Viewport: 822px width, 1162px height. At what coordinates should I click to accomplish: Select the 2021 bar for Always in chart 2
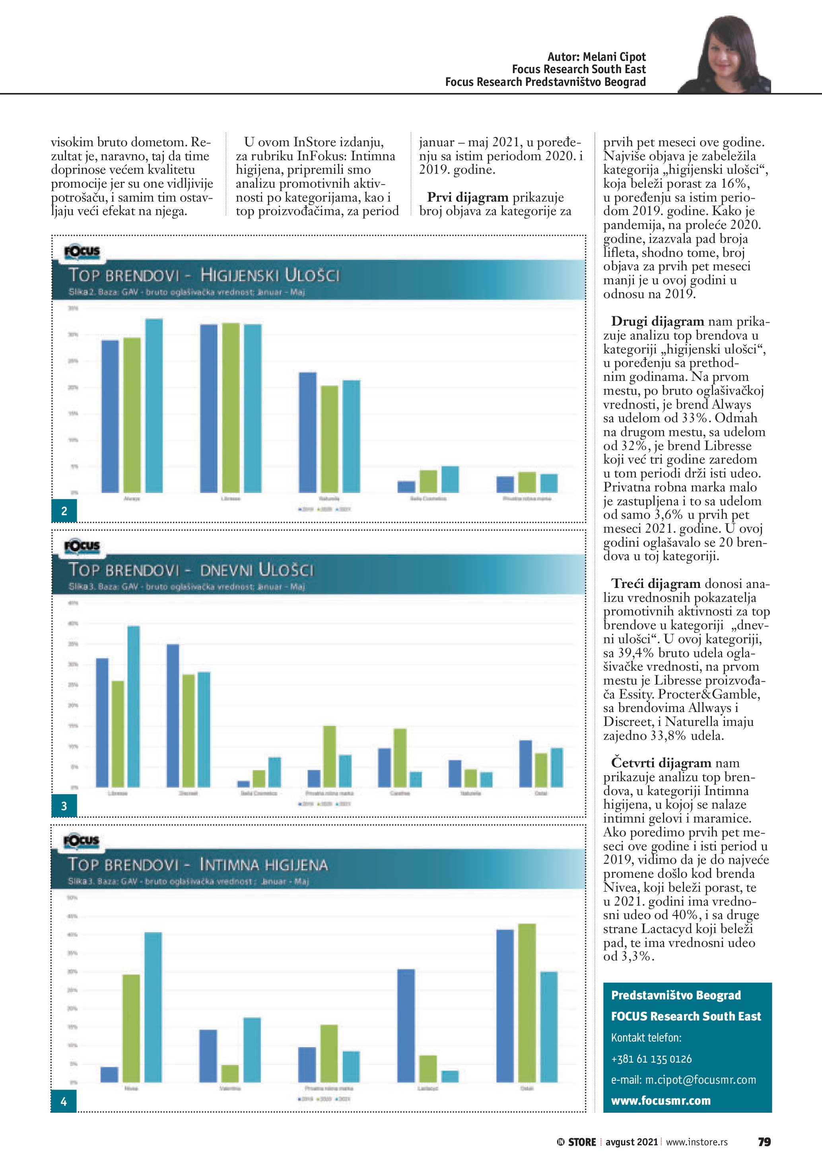(x=154, y=405)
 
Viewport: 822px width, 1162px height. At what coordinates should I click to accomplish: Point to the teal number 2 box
(x=64, y=511)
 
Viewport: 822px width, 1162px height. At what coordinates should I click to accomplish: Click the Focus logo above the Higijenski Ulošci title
(x=82, y=252)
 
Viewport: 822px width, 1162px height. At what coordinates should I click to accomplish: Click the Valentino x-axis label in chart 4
(x=230, y=1088)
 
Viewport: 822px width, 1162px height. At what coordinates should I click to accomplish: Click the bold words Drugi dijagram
(x=657, y=321)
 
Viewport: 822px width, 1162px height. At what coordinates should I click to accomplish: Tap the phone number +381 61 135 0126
(x=651, y=1059)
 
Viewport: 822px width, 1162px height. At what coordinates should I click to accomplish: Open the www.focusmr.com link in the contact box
(x=661, y=1100)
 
